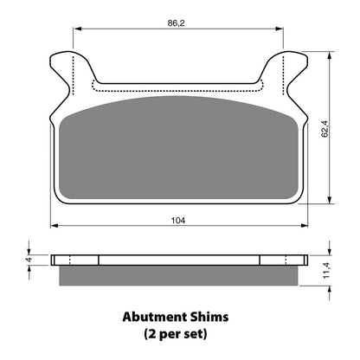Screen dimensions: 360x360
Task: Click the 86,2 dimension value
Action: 177,22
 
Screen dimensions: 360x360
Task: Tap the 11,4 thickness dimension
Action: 325,268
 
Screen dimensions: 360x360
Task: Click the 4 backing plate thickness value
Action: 28,260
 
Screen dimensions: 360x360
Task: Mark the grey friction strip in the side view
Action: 179,275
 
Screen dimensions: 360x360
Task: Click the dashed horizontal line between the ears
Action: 177,88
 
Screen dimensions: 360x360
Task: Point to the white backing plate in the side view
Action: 179,260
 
